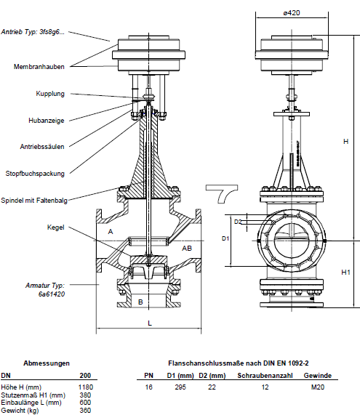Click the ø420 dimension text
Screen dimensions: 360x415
tap(292, 13)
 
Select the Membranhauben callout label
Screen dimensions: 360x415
tap(39, 67)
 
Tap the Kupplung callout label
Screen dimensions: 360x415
tap(50, 94)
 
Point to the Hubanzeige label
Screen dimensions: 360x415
tap(47, 121)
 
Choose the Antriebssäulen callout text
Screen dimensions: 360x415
tap(42, 147)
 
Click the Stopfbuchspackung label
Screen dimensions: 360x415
tap(35, 174)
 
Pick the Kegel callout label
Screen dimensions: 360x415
tap(55, 227)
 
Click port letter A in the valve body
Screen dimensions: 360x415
tap(111, 232)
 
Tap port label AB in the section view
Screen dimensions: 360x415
tap(187, 249)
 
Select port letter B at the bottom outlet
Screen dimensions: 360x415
tap(140, 302)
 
